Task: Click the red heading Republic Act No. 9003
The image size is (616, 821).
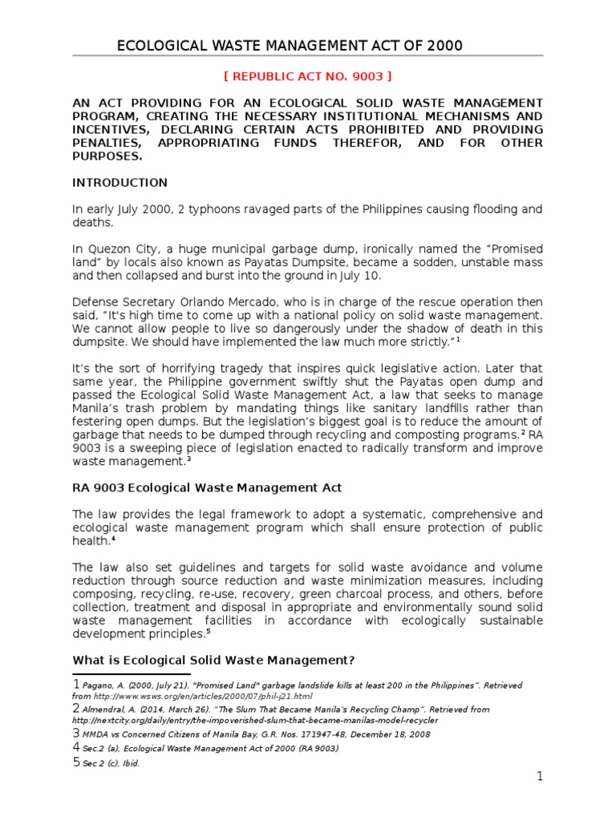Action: [x=307, y=77]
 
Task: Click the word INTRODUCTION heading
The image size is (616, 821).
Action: [x=120, y=183]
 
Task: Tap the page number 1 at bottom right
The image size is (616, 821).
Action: [x=540, y=776]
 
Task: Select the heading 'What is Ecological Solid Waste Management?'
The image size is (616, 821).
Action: [x=214, y=660]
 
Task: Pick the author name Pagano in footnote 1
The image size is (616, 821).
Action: [x=100, y=686]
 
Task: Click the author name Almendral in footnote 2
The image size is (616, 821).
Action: [x=109, y=710]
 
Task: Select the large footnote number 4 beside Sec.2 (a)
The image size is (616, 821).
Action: [x=76, y=748]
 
